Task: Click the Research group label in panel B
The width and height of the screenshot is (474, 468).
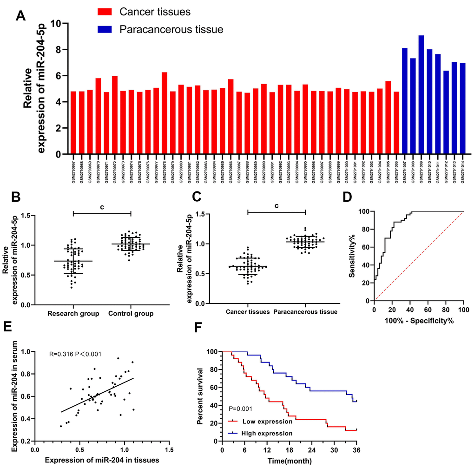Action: (73, 314)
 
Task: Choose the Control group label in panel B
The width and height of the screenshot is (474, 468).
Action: (131, 314)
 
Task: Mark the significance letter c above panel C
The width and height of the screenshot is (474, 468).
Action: (276, 205)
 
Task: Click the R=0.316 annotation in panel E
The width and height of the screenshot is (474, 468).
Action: (63, 354)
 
